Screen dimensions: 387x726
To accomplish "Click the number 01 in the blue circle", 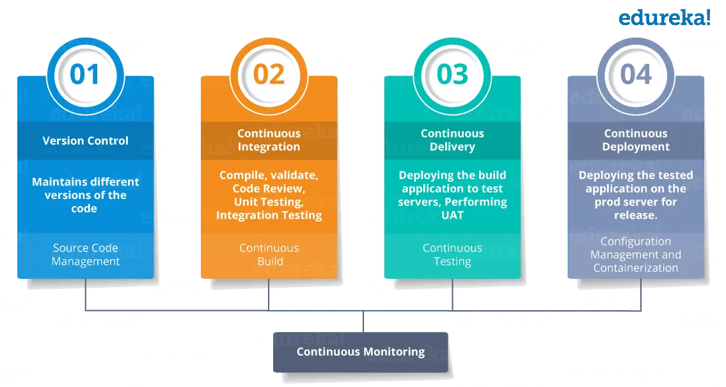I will click(x=85, y=74).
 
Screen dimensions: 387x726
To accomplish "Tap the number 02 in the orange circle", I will click(x=269, y=74).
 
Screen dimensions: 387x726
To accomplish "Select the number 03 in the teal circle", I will click(x=452, y=74).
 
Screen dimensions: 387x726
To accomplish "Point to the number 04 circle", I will click(x=636, y=74).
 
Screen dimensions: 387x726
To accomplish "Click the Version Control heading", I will click(x=85, y=141).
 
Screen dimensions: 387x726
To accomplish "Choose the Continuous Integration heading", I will click(x=269, y=140).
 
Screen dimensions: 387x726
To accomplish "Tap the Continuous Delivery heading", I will click(x=452, y=140).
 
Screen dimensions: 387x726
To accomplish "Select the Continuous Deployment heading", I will click(x=636, y=140).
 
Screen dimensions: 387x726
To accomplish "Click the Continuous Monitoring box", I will click(x=360, y=352).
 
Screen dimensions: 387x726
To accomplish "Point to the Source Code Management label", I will click(x=86, y=255).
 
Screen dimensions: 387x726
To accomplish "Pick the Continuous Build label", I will click(x=269, y=255).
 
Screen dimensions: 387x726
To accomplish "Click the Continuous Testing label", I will click(x=452, y=255).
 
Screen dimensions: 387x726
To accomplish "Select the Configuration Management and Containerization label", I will click(x=636, y=255).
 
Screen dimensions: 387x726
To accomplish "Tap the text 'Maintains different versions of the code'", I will click(x=85, y=195).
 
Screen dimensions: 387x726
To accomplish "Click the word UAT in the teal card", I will click(x=452, y=216).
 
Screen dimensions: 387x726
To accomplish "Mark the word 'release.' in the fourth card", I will click(x=636, y=216).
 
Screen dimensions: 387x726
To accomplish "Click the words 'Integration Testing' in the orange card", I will click(x=269, y=216).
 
